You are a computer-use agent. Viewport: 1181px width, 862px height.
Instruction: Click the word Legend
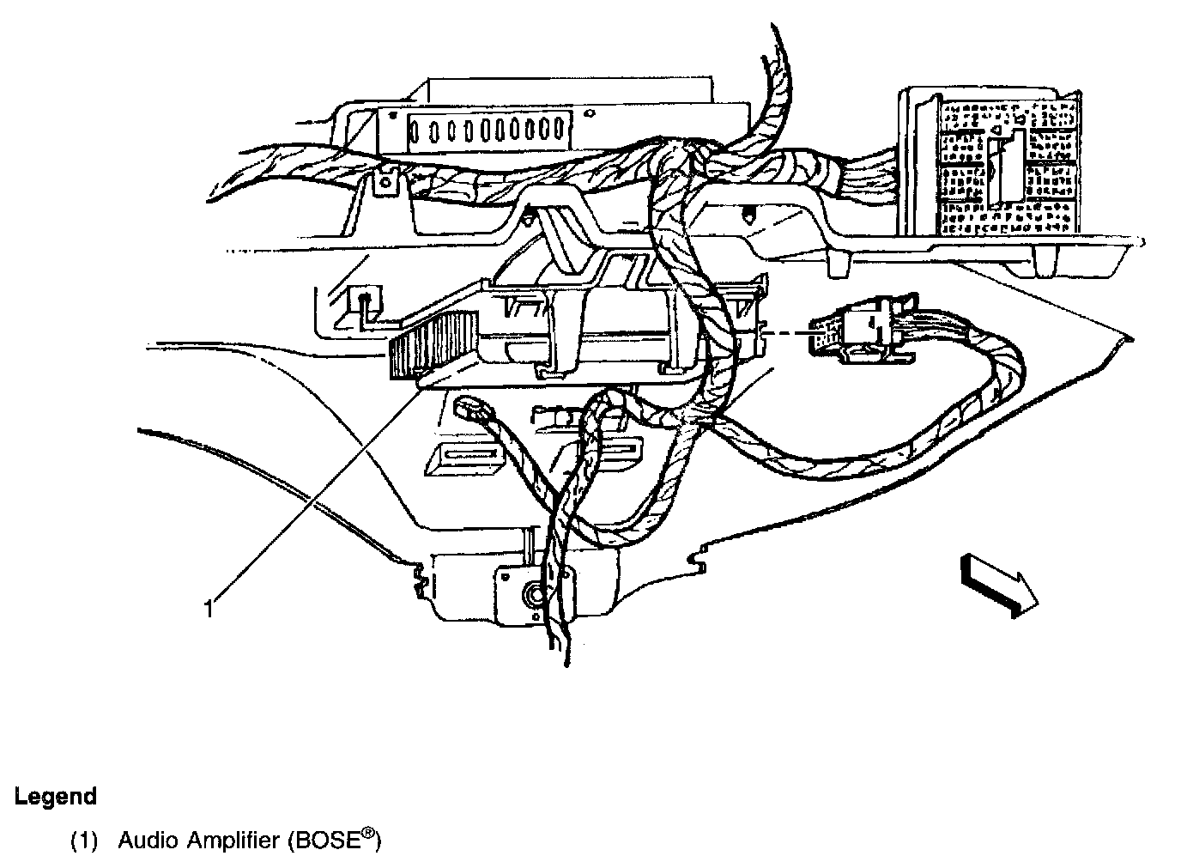pos(55,796)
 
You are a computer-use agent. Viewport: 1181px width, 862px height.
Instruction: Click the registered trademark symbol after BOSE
pos(366,832)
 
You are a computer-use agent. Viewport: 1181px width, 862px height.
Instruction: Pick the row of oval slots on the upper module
pos(488,130)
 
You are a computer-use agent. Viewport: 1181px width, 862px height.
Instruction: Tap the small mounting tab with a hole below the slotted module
pos(389,185)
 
